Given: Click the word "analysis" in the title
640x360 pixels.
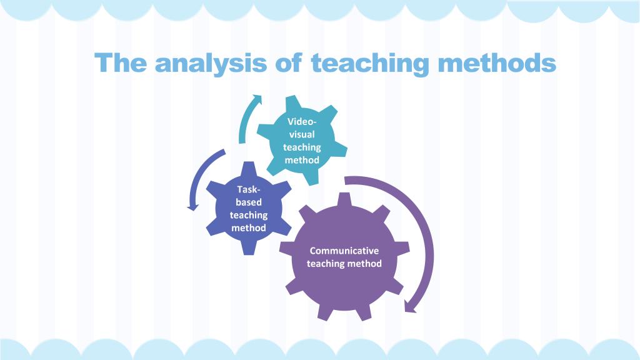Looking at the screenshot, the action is (x=211, y=64).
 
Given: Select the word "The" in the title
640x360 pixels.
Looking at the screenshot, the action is (x=121, y=62).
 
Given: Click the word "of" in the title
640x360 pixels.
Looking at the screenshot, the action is (x=289, y=62).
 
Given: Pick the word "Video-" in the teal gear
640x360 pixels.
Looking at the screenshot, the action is (x=302, y=121).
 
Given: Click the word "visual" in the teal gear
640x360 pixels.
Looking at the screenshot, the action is (x=302, y=134).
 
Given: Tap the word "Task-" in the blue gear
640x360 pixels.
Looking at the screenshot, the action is (x=249, y=189).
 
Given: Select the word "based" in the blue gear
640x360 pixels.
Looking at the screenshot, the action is (x=249, y=202).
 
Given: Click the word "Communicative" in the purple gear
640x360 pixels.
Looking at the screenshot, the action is (x=344, y=251).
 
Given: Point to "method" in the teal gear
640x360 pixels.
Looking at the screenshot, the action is (x=302, y=160).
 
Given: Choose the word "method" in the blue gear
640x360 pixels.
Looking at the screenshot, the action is (x=249, y=227).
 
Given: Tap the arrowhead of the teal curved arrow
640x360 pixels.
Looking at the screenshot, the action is (x=257, y=98).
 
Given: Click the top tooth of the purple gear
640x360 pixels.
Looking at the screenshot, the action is (x=345, y=200).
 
